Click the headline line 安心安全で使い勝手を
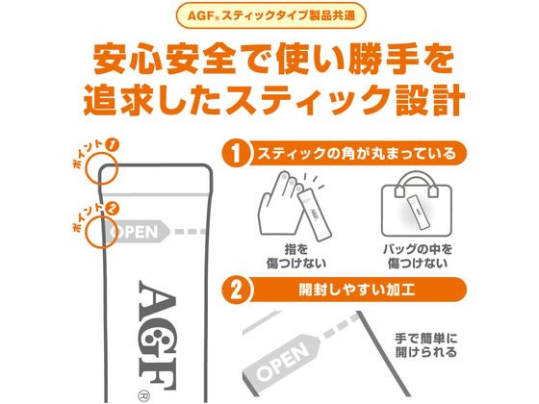coord(269,60)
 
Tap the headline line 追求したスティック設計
coord(269,102)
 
